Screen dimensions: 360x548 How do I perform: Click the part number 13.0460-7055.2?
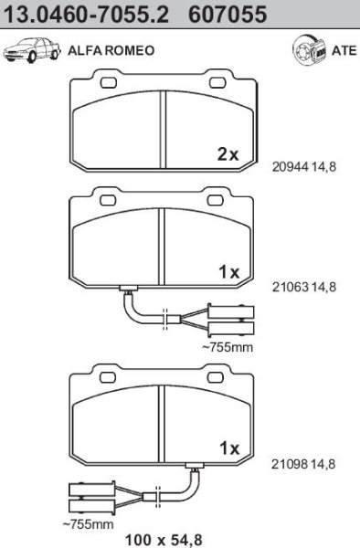click(86, 14)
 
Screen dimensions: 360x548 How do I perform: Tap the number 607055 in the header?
click(228, 14)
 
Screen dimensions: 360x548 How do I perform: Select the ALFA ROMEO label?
click(111, 50)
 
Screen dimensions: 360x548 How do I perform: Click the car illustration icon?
click(31, 50)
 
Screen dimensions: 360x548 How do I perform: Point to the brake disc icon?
click(309, 50)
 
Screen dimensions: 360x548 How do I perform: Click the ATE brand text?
click(344, 50)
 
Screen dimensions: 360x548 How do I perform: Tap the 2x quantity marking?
click(228, 154)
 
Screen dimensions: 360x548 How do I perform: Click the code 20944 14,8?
click(304, 167)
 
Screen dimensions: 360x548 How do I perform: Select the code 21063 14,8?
click(304, 288)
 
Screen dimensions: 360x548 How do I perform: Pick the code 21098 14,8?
click(303, 464)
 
